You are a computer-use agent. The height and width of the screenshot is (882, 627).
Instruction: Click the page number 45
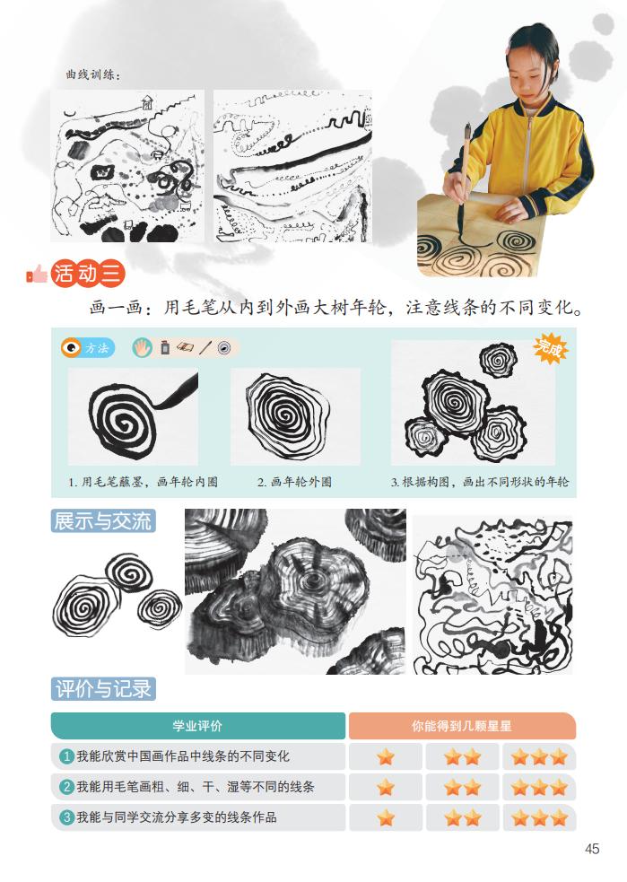[x=591, y=849]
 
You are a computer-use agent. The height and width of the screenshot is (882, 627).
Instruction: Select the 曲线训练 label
[x=92, y=74]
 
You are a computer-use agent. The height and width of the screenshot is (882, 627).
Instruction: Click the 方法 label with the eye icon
[x=87, y=348]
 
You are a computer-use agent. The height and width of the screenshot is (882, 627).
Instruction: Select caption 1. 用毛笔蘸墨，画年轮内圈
[x=144, y=482]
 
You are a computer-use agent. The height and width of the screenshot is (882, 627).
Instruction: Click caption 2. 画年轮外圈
[x=294, y=482]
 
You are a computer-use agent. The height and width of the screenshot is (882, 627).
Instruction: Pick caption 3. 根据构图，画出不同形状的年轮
[x=480, y=482]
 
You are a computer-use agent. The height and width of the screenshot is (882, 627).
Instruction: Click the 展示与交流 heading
[x=103, y=521]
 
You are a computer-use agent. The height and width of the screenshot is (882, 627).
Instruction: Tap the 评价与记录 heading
[x=104, y=689]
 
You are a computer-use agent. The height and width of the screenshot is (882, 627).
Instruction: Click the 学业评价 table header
[x=197, y=726]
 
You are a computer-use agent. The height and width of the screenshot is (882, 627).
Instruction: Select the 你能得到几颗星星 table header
[x=461, y=726]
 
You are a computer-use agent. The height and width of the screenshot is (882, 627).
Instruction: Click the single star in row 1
[x=386, y=756]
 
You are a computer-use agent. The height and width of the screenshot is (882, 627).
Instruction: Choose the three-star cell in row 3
[x=539, y=817]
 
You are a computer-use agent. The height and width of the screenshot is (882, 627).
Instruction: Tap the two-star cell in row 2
[x=463, y=787]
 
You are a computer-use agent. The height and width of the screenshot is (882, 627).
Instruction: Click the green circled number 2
[x=66, y=787]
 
